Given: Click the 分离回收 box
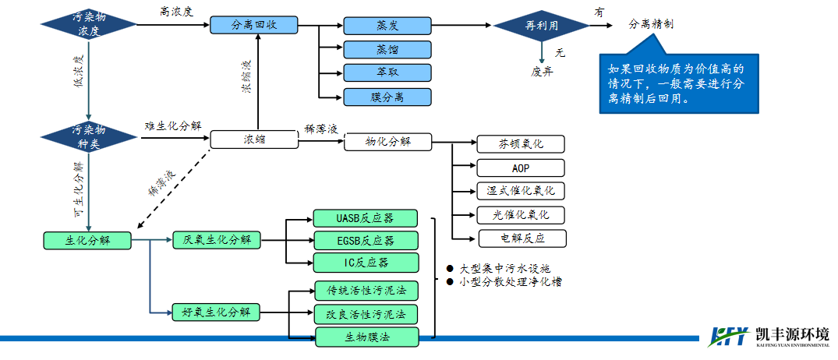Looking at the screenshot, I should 254,25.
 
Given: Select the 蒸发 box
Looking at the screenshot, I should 387,25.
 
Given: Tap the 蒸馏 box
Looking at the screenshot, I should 387,49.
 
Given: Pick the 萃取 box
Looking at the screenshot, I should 387,72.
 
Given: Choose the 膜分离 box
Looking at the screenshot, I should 387,97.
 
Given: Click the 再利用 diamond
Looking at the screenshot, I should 540,26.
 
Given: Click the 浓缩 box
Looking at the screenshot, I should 254,139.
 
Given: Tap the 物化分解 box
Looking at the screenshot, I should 387,142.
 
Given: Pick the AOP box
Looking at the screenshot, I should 521,168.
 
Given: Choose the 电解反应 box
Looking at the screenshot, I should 521,238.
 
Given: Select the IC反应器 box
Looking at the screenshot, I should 366,263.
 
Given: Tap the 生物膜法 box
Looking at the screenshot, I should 366,337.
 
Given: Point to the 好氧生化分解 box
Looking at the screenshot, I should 216,312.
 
